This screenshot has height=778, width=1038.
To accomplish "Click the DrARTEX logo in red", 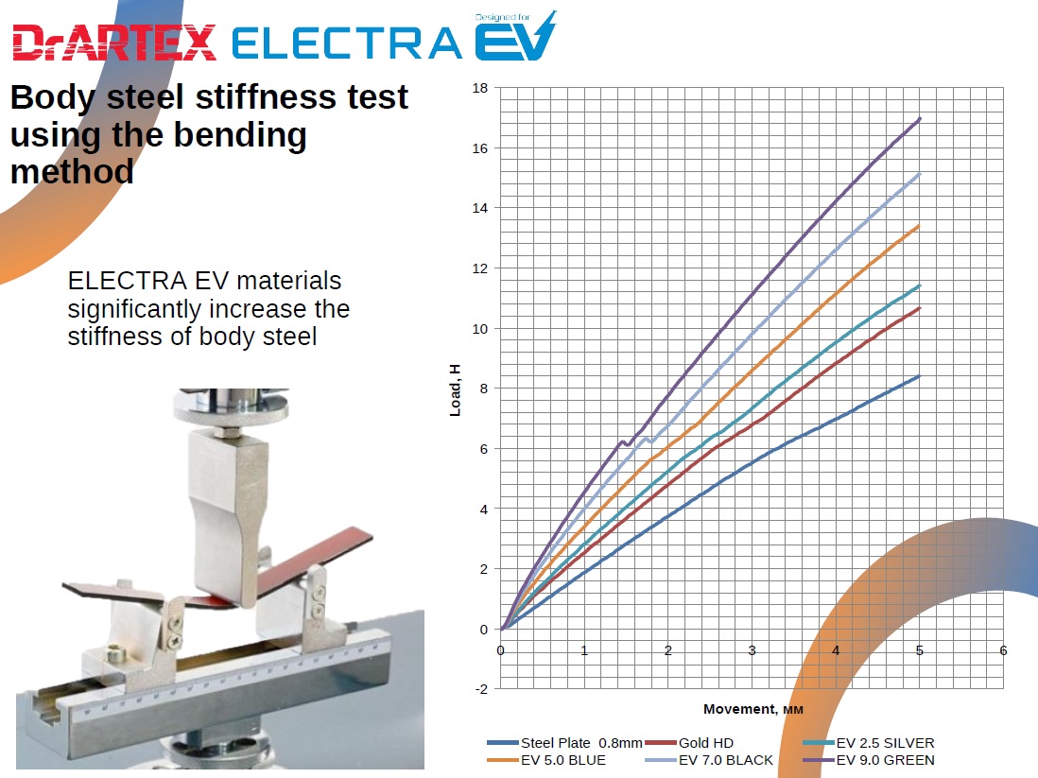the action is point(113,43).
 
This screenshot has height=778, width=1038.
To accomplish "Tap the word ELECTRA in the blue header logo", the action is point(346,43).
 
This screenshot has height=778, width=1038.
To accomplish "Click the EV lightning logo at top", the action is point(515,37).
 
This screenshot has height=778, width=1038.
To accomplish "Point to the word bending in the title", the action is point(240,136).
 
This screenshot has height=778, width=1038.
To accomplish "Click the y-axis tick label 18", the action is point(480,88).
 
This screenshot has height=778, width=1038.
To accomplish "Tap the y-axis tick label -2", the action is point(481,689).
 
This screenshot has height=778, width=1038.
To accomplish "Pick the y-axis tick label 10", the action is point(480,329).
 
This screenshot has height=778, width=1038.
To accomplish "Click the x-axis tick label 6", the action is point(1003,651).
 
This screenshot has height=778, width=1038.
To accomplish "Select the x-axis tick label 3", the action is point(752,651).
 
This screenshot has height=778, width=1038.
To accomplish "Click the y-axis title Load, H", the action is point(455,390).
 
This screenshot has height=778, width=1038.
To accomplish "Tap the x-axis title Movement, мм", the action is point(753,709).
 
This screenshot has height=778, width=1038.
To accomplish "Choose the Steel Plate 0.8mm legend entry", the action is point(564,743).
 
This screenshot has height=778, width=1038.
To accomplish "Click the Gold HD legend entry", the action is point(689,743).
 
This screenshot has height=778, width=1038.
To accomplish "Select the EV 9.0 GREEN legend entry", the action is point(869,760).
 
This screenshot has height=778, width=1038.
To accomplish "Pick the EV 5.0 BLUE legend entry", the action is point(546,760).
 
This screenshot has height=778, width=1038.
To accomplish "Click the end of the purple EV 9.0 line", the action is point(920,118).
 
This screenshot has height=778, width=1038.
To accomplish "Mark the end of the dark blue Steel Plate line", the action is point(920,376).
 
